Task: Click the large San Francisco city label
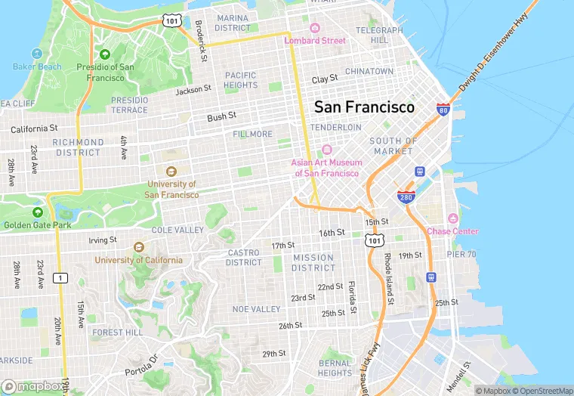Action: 364,107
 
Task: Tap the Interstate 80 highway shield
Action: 443,110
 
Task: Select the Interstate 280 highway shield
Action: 405,197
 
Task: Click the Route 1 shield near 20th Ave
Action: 60,278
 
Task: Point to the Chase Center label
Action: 452,231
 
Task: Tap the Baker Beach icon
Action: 37,54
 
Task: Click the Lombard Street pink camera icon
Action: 315,28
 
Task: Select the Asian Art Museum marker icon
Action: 326,150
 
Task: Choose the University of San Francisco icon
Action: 171,171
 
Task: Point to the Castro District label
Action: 244,258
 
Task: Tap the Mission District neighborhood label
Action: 313,262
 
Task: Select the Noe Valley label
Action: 256,309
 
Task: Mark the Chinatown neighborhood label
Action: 369,71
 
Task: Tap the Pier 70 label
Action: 461,254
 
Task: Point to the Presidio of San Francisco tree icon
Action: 105,54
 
